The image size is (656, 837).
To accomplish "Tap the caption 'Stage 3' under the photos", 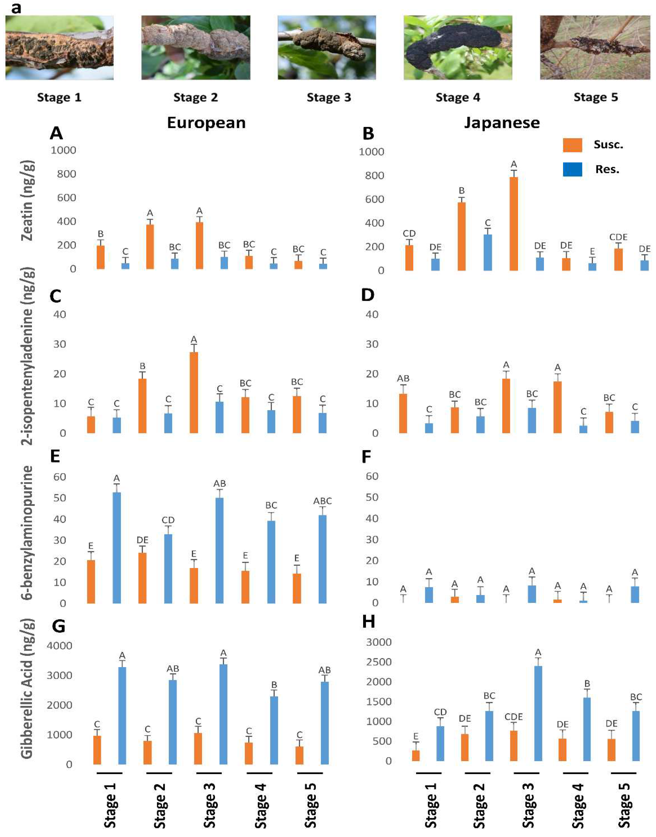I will [x=329, y=98].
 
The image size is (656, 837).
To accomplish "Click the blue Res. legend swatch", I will [x=572, y=169].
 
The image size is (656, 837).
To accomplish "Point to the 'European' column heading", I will [x=206, y=123].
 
